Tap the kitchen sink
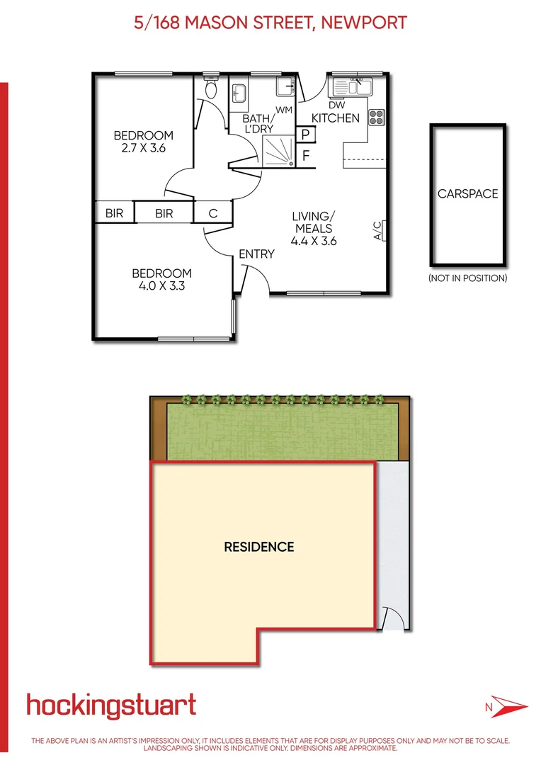click(x=352, y=86)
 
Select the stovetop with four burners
click(x=376, y=116)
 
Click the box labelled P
click(x=307, y=135)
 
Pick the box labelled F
click(x=307, y=155)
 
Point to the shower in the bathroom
click(x=278, y=152)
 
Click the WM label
click(x=284, y=110)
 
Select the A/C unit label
click(x=378, y=230)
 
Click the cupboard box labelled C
click(x=212, y=212)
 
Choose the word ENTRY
click(x=256, y=254)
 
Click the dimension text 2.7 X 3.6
click(x=144, y=148)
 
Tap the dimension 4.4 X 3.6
click(x=313, y=241)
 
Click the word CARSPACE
click(x=467, y=193)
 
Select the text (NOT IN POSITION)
click(x=467, y=278)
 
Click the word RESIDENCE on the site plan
click(x=259, y=547)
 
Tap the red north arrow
click(x=507, y=706)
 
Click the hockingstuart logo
click(x=111, y=705)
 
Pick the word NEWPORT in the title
click(x=364, y=23)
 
